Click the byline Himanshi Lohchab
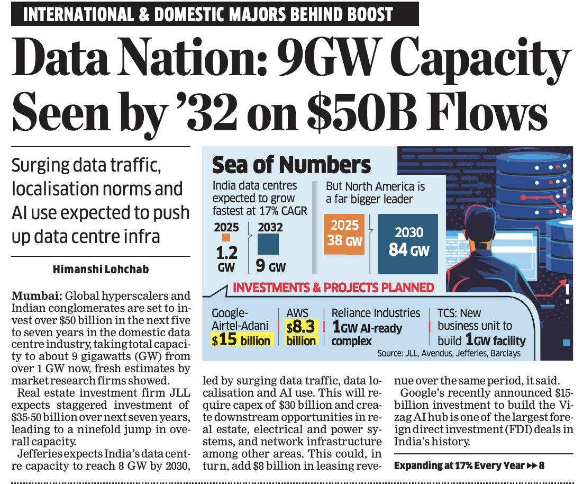click(101, 270)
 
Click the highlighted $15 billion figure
click(241, 339)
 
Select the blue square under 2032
click(268, 244)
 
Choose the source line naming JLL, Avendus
click(449, 353)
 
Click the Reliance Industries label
click(376, 313)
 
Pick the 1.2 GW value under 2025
click(225, 257)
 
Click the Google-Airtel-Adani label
click(238, 319)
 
